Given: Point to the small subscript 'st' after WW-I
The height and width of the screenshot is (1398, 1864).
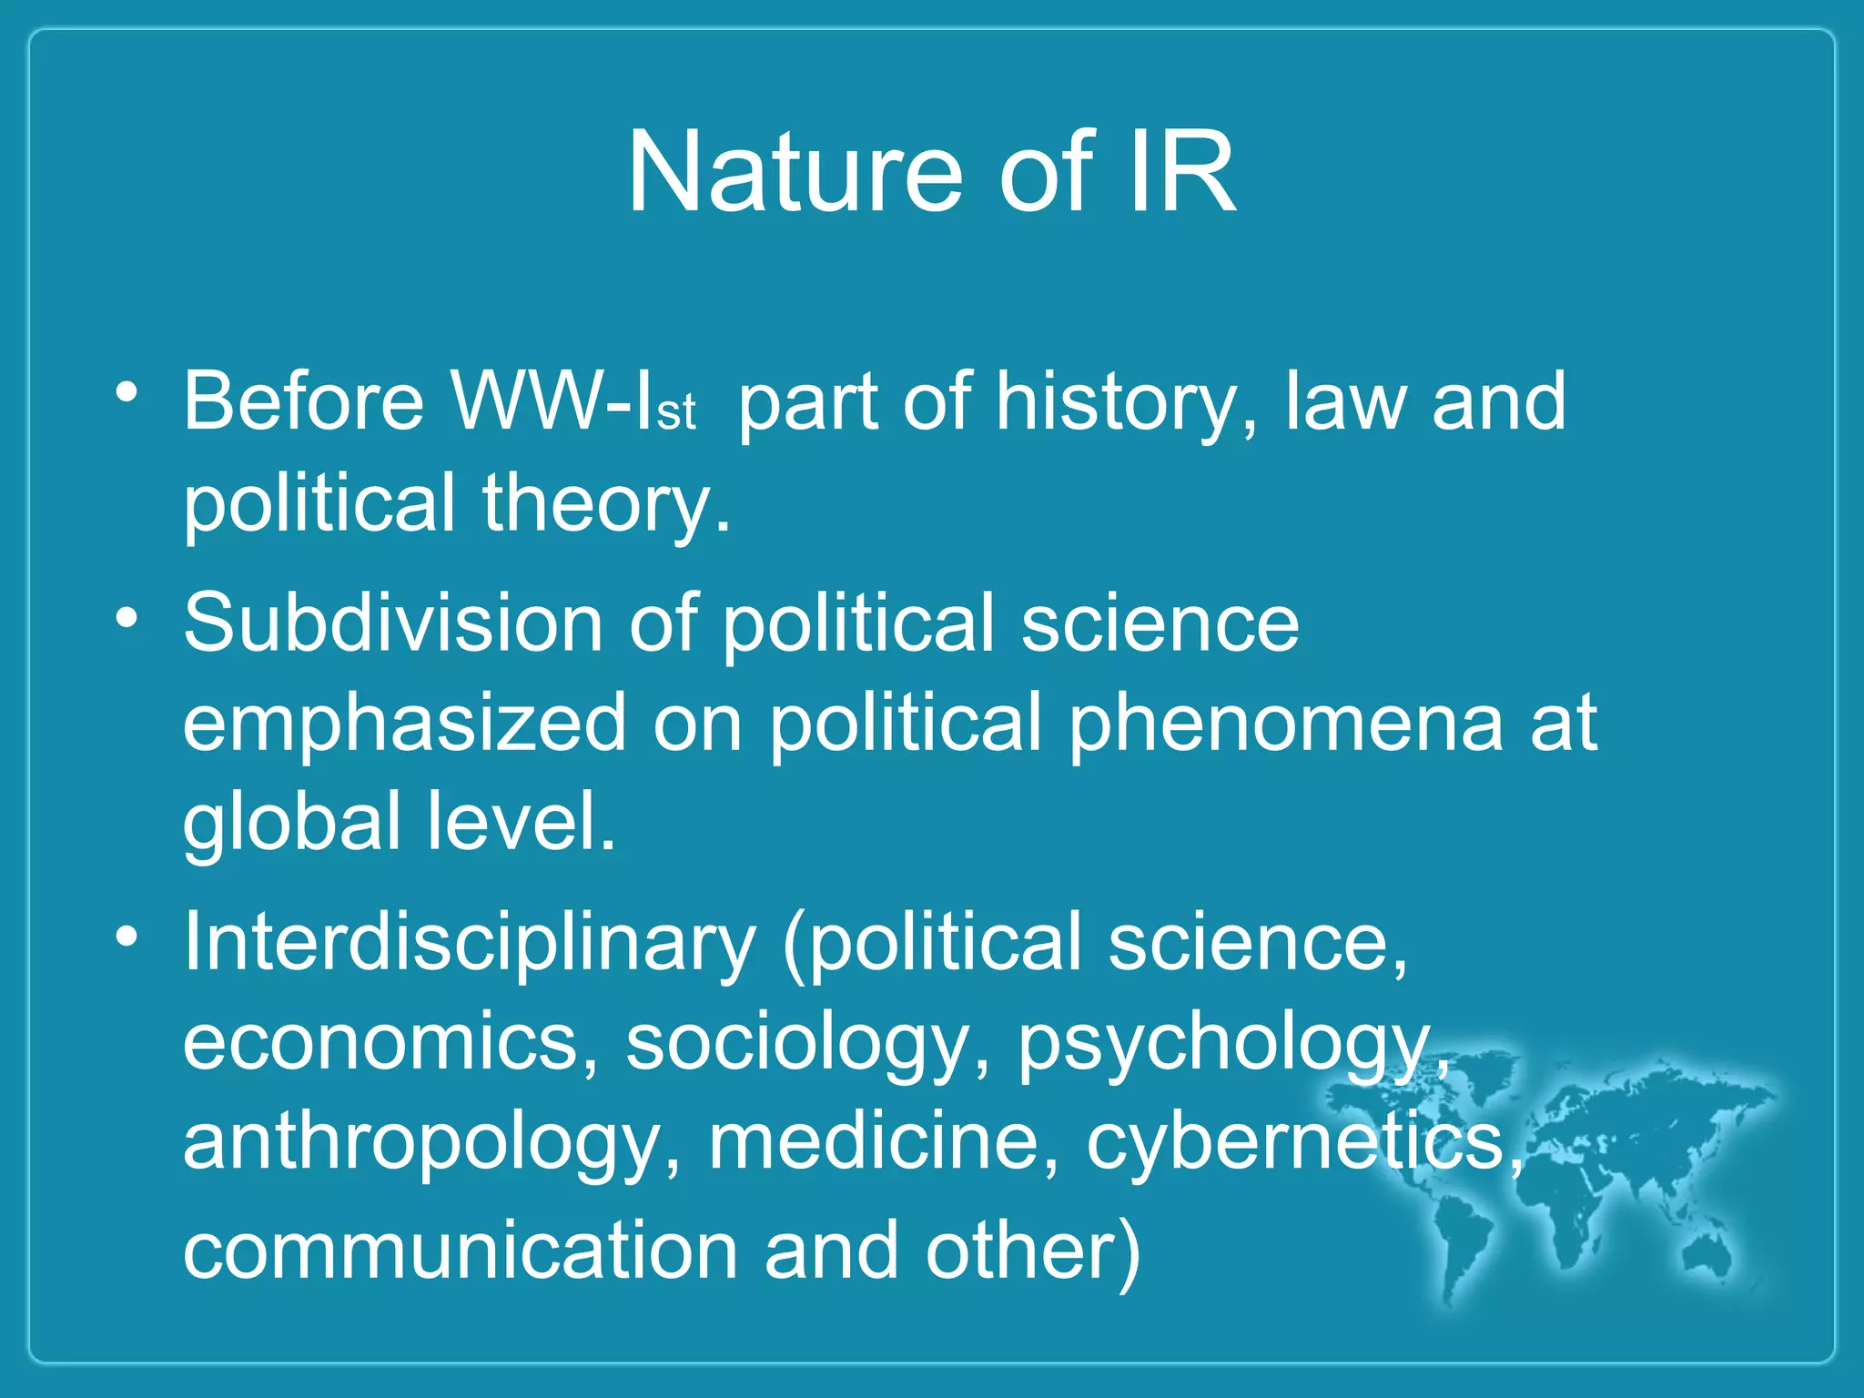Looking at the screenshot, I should pyautogui.click(x=675, y=414).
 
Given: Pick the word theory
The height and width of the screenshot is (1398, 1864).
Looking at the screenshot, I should pyautogui.click(x=606, y=503).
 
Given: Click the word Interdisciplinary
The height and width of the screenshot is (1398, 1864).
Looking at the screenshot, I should pyautogui.click(x=470, y=943).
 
